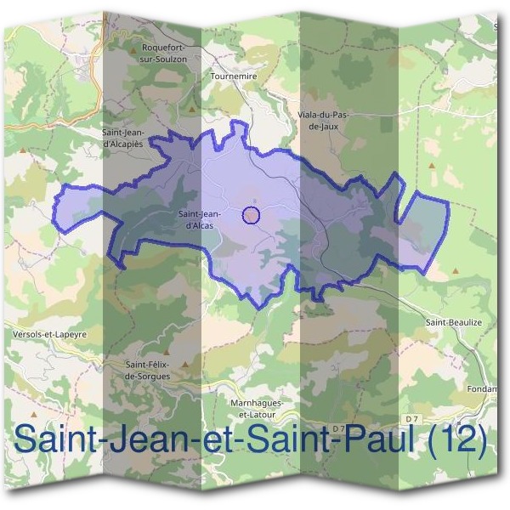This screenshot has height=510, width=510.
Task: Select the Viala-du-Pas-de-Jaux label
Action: click(326, 119)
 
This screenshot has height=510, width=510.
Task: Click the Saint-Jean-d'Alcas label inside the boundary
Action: click(201, 219)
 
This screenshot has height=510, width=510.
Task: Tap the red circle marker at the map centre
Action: click(251, 215)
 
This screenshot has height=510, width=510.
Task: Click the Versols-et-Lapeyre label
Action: click(51, 335)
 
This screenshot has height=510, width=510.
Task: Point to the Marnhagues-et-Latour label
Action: click(255, 407)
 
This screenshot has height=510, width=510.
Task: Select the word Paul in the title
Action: click(376, 442)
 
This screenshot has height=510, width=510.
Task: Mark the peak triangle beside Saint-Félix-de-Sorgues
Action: click(184, 365)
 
